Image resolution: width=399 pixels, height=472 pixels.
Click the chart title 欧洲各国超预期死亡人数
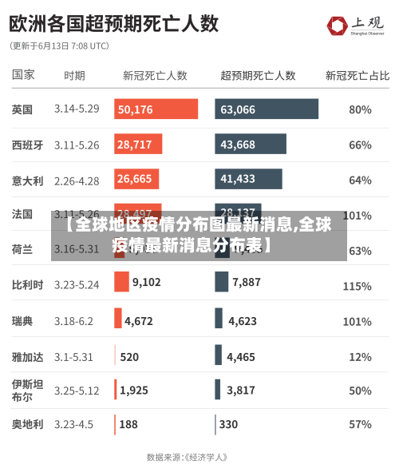pos(114,23)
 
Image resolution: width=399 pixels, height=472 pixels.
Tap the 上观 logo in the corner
pos(360,26)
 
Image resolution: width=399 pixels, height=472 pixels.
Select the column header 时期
pos(74,75)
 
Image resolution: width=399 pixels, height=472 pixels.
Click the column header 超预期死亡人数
pos(258,75)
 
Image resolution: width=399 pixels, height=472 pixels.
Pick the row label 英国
pos(22,109)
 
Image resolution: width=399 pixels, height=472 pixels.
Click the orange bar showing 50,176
pos(156,109)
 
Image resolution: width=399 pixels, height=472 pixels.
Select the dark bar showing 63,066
pos(266,109)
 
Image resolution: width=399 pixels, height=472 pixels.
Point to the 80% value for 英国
pos(360,109)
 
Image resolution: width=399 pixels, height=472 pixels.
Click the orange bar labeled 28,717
pos(138,145)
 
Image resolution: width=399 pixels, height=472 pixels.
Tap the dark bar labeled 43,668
pos(250,145)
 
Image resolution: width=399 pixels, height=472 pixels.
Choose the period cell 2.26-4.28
pos(77,180)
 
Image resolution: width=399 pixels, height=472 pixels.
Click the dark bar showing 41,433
pos(248,179)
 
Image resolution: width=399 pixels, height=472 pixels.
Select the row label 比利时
pos(27,284)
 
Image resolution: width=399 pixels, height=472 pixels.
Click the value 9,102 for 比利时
pos(146,282)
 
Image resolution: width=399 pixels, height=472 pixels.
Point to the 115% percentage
pos(357,285)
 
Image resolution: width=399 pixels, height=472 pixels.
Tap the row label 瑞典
pos(22,321)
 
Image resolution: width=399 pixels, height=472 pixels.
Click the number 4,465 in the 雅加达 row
pos(241,357)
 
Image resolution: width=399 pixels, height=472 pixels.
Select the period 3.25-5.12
pos(77,391)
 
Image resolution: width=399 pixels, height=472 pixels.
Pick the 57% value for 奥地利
pos(360,424)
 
